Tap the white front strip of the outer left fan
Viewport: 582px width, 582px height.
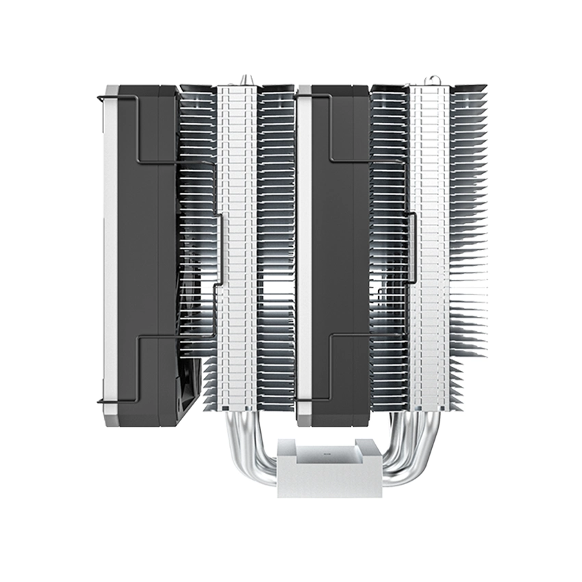coord(110,253)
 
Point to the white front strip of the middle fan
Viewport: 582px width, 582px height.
coord(304,253)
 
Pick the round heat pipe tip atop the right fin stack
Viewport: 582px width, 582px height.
coord(434,79)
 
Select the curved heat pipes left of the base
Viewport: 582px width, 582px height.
coord(250,452)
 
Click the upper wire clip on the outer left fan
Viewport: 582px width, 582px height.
coord(137,130)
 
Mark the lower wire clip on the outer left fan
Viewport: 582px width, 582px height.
coord(137,370)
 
